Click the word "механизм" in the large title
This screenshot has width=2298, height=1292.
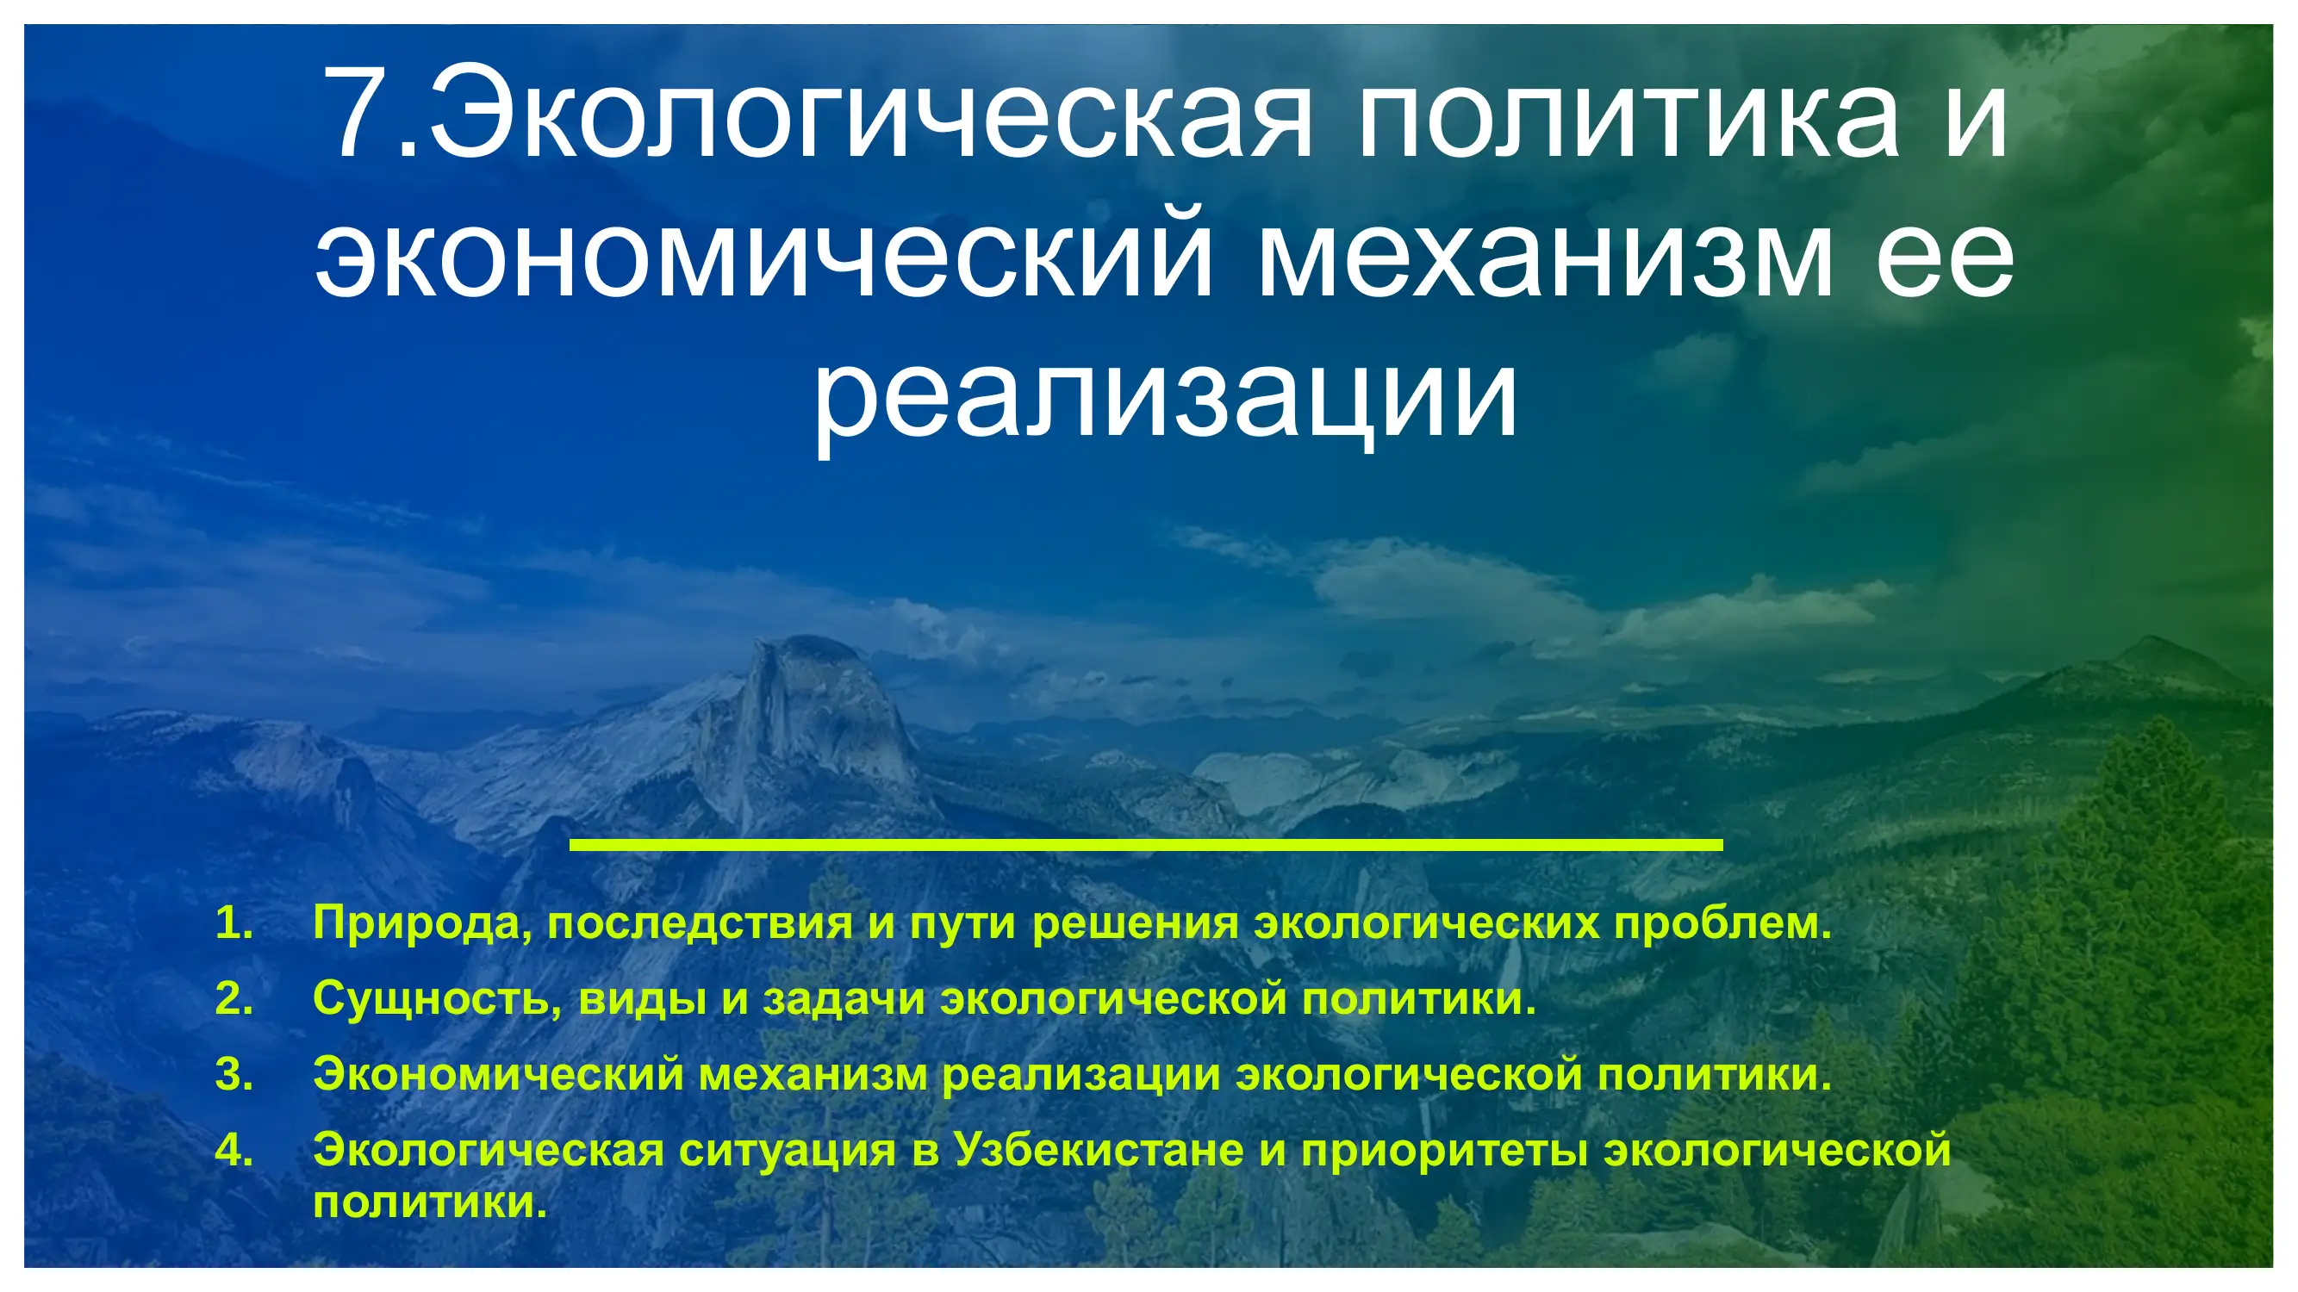(x=1544, y=255)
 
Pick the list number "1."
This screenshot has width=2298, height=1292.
(x=234, y=922)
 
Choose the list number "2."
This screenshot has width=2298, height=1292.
(x=234, y=998)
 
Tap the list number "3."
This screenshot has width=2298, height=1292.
(x=234, y=1074)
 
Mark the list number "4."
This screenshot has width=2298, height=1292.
(x=234, y=1150)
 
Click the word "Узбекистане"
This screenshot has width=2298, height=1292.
(x=1099, y=1150)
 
